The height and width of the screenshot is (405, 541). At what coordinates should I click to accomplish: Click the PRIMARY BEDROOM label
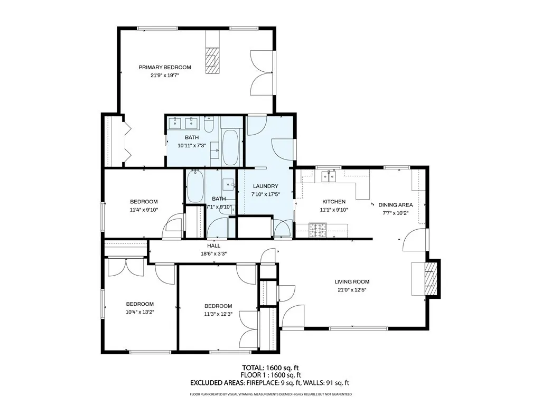[165, 67]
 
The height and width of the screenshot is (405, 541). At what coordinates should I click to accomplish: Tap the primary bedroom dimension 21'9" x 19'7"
[165, 75]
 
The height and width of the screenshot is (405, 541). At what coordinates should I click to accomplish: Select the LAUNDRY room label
[265, 186]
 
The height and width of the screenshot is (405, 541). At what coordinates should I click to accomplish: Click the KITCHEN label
[334, 202]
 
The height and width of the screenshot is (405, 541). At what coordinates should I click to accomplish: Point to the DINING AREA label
[395, 205]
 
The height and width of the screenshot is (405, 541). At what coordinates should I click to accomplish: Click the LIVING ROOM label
[352, 282]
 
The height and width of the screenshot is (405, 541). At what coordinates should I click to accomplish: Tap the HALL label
[213, 246]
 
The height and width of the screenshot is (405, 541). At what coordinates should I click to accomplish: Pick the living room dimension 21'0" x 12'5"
[352, 290]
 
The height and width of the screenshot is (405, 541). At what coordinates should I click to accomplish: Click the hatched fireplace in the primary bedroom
[212, 60]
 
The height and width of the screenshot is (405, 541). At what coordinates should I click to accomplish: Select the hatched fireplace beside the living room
[430, 278]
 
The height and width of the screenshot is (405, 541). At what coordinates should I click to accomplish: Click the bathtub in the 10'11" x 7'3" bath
[229, 147]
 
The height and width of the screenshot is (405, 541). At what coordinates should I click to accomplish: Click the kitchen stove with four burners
[318, 230]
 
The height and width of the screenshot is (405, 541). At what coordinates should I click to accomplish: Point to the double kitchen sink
[329, 177]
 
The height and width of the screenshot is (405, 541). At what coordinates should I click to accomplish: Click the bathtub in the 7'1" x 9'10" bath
[195, 186]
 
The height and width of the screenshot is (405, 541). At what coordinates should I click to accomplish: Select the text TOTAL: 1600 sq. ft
[270, 368]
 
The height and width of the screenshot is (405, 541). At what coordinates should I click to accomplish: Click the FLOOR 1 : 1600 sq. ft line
[270, 375]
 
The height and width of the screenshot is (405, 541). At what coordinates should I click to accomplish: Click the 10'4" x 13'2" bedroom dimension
[139, 312]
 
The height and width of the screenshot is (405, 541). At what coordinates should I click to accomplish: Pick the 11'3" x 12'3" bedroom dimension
[218, 314]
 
